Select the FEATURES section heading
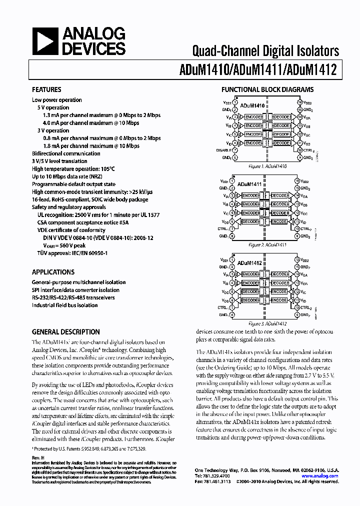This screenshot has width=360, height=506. tap(46, 90)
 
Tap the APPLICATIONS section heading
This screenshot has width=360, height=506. tap(53, 272)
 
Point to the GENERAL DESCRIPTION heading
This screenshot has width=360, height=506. tap(65, 332)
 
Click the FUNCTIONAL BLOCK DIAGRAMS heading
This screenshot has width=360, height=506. tap(267, 90)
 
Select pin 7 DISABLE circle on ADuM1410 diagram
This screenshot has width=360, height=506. tap(235, 150)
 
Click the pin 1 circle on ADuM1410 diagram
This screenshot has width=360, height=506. tap(235, 102)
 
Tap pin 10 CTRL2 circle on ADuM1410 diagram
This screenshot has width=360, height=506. tap(299, 150)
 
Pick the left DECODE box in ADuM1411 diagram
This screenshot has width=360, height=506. tap(250, 221)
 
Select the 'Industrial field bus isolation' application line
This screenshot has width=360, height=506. tap(64, 305)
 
